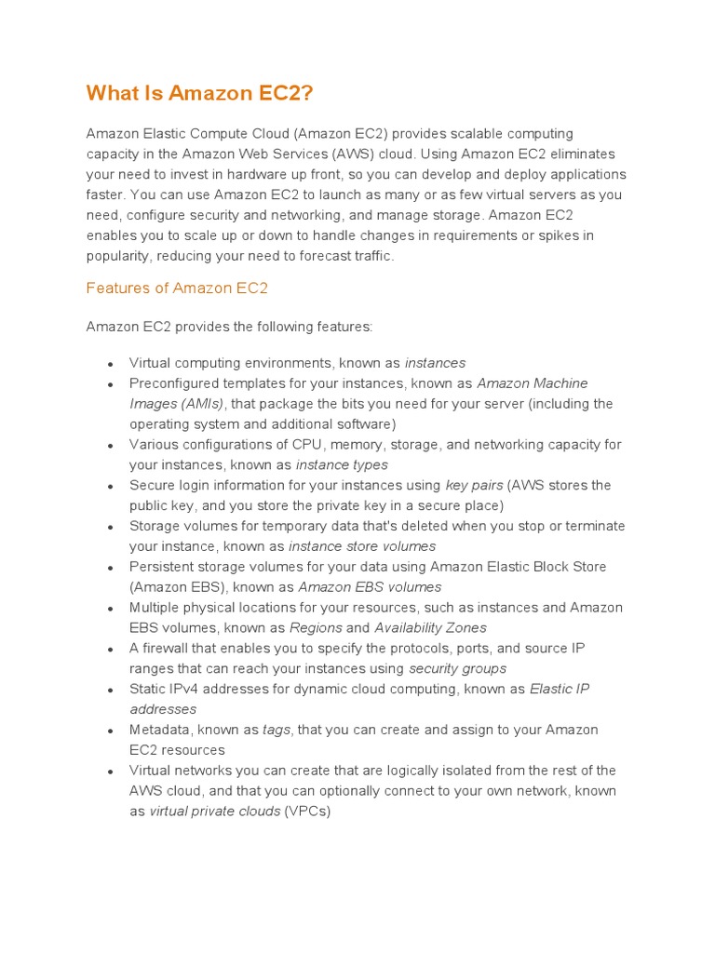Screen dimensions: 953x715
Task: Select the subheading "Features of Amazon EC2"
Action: pyautogui.click(x=177, y=288)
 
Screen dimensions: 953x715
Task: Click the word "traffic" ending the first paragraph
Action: pyautogui.click(x=371, y=256)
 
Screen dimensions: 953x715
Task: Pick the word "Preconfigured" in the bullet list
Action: pyautogui.click(x=173, y=383)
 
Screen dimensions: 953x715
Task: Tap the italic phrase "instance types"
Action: pyautogui.click(x=342, y=465)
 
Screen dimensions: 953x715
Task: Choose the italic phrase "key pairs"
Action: pyautogui.click(x=474, y=486)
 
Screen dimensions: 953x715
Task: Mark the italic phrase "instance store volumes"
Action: pyautogui.click(x=362, y=546)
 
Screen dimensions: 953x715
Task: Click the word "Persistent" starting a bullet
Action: pyautogui.click(x=162, y=567)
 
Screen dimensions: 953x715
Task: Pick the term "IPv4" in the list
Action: pyautogui.click(x=186, y=690)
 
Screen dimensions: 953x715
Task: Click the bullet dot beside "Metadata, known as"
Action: pyautogui.click(x=110, y=731)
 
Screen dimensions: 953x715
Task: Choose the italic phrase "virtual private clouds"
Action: pyautogui.click(x=215, y=812)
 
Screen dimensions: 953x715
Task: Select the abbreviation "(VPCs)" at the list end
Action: pyautogui.click(x=308, y=812)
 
